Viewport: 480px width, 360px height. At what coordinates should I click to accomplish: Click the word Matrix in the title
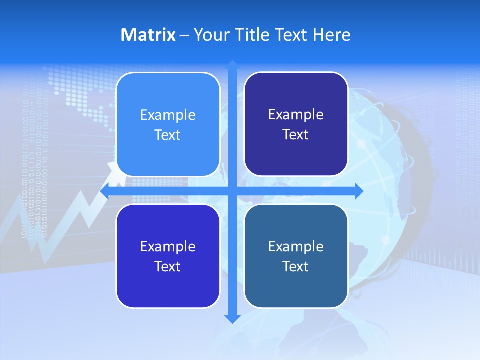coord(148,35)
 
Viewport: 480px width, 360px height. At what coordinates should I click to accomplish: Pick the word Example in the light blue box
coord(168,115)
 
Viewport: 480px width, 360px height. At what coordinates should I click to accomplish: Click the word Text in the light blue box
coord(168,135)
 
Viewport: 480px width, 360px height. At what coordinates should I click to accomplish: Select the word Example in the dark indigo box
coord(296,115)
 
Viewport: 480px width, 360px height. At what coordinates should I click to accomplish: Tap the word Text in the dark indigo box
coord(296,135)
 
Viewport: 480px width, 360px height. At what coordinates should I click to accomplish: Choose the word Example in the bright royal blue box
coord(168,247)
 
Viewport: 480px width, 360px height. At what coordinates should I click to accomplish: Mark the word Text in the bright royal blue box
coord(168,267)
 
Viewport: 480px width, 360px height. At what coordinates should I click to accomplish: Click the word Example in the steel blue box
coord(296,247)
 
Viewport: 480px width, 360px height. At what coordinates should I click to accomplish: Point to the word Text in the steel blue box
coord(296,267)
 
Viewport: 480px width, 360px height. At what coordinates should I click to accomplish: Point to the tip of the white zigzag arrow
coord(112,165)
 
